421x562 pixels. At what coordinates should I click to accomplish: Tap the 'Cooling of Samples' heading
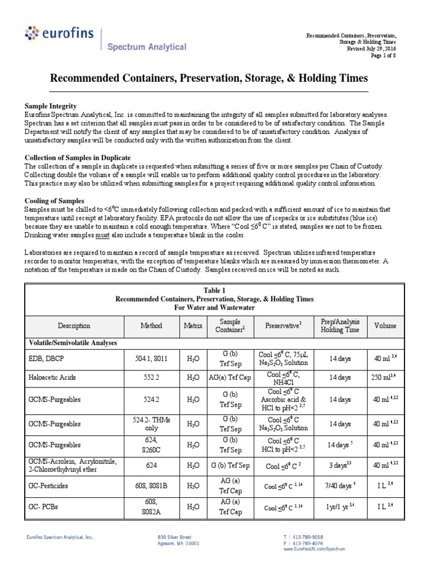pyautogui.click(x=54, y=201)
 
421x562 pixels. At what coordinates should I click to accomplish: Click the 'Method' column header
pyautogui.click(x=151, y=325)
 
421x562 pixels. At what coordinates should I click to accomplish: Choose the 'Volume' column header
pyautogui.click(x=385, y=325)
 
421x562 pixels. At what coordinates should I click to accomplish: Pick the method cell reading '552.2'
pyautogui.click(x=151, y=378)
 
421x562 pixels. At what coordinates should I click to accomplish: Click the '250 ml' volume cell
pyautogui.click(x=385, y=378)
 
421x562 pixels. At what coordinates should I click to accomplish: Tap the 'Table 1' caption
pyautogui.click(x=214, y=290)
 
